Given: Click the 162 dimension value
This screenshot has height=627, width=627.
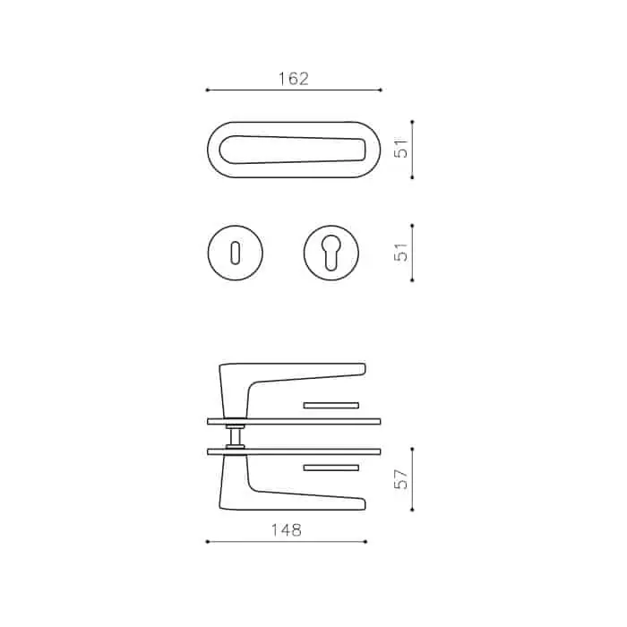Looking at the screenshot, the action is pyautogui.click(x=294, y=79).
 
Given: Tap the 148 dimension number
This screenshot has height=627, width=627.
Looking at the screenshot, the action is pyautogui.click(x=287, y=530).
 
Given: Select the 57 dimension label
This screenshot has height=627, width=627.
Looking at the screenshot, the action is pyautogui.click(x=401, y=479).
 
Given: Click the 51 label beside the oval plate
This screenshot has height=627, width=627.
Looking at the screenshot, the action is pyautogui.click(x=401, y=148).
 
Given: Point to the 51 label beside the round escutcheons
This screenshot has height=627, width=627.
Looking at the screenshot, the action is pyautogui.click(x=401, y=252).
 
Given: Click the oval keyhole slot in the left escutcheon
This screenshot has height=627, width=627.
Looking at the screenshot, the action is pyautogui.click(x=235, y=253).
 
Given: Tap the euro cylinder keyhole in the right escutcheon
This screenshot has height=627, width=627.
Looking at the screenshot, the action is pyautogui.click(x=331, y=252).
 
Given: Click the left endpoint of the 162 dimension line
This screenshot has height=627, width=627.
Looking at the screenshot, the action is pyautogui.click(x=207, y=90).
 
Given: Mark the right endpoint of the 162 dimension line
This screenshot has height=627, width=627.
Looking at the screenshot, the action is pyautogui.click(x=381, y=90).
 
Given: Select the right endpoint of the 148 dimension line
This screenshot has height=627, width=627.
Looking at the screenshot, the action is pyautogui.click(x=365, y=542).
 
